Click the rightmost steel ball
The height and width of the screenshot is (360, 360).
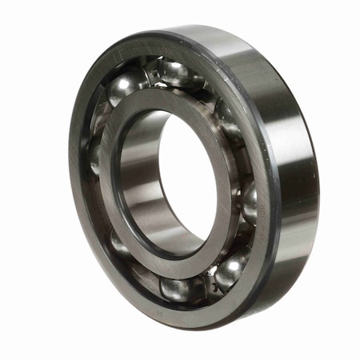coord(249,200)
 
